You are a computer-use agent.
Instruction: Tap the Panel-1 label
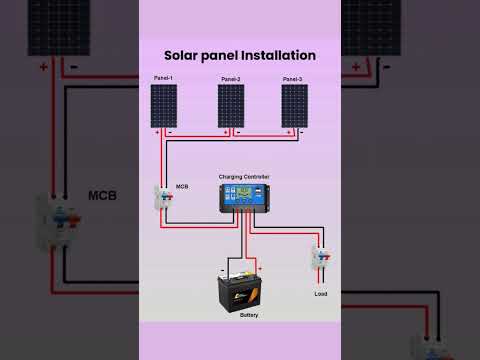coord(163,78)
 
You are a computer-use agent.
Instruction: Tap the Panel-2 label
coord(230,78)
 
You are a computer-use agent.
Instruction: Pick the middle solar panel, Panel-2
coord(231,105)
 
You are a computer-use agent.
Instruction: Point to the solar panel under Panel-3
coord(294,105)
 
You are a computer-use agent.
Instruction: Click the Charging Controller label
coord(244,177)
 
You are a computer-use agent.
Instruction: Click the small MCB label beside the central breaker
coord(182,186)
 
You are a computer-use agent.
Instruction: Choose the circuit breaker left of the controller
coord(162,199)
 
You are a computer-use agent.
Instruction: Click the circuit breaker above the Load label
coord(320,262)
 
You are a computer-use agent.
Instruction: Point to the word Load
coord(320,294)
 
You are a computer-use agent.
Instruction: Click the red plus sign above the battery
coord(259,268)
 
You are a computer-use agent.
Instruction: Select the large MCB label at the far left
coord(102,195)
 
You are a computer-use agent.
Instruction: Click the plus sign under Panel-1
coord(157,131)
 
